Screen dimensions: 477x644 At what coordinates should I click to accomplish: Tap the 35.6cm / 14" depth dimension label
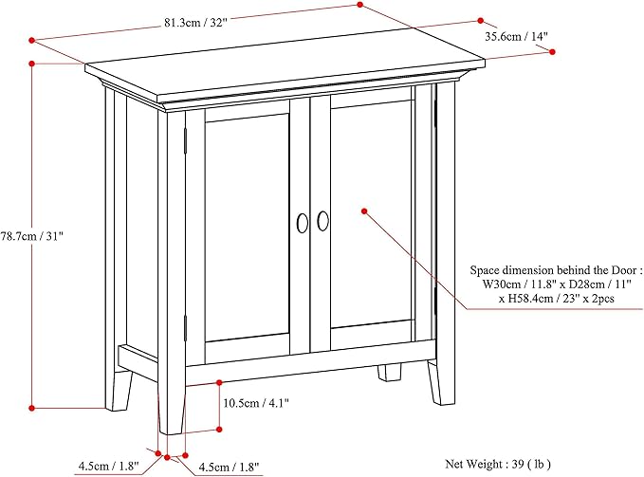click(x=516, y=37)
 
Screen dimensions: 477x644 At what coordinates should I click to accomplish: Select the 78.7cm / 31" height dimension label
click(x=32, y=234)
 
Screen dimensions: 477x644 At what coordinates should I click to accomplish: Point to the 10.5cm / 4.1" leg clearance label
click(x=255, y=402)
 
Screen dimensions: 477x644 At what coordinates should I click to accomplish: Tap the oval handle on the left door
click(x=302, y=222)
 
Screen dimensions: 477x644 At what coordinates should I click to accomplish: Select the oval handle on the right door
click(x=323, y=221)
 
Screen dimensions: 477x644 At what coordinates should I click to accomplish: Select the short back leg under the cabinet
click(x=390, y=371)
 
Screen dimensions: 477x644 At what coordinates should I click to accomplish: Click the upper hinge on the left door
click(x=186, y=138)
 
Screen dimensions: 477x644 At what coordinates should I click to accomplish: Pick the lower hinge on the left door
click(x=186, y=329)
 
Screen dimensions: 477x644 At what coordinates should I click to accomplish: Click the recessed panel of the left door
click(x=247, y=228)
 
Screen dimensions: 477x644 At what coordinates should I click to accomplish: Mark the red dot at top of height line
click(x=32, y=64)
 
